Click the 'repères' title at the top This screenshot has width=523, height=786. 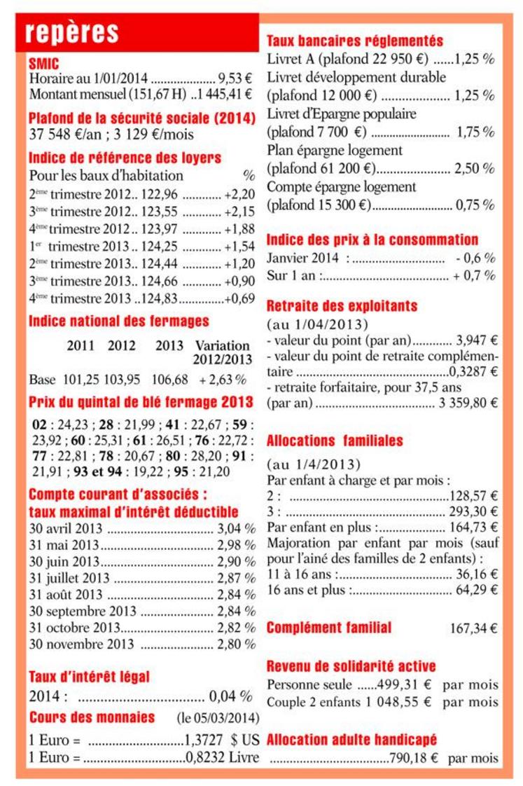click(x=71, y=32)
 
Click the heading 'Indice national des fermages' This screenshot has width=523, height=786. click(x=119, y=322)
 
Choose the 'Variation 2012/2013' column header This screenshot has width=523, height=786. click(x=222, y=352)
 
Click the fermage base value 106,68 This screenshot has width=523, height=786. click(x=171, y=380)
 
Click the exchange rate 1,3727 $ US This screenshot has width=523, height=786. click(x=222, y=740)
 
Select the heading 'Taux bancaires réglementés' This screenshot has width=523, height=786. click(x=355, y=41)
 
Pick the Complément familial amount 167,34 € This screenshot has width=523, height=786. click(x=473, y=628)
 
